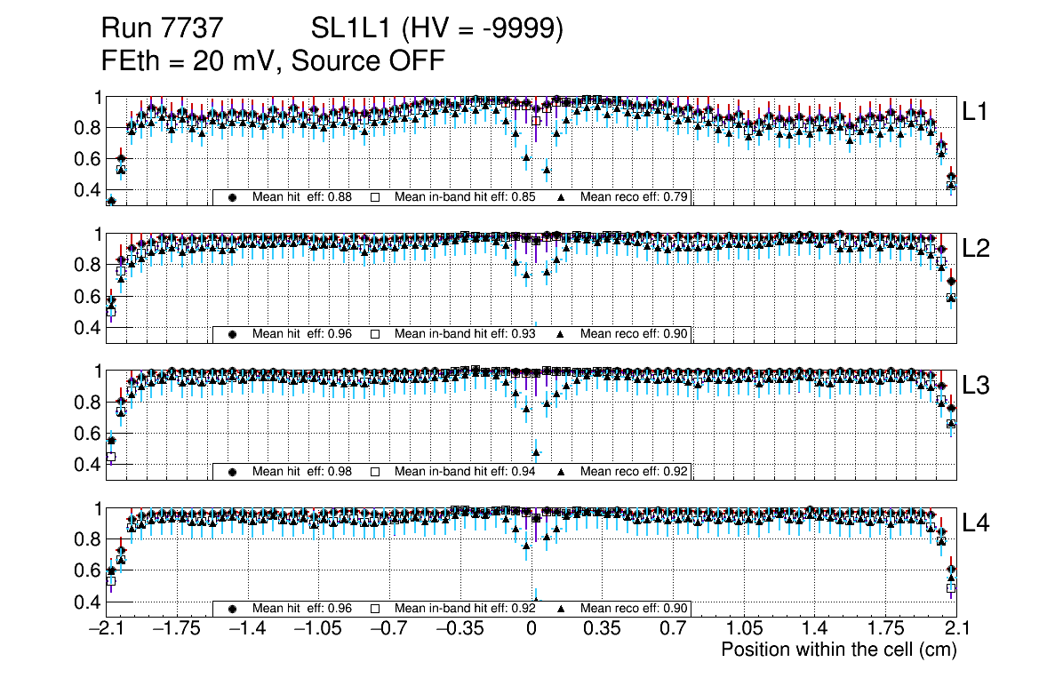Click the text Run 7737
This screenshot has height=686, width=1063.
click(x=161, y=29)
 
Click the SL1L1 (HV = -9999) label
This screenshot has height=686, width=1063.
click(x=437, y=29)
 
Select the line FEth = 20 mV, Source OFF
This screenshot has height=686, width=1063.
click(x=273, y=61)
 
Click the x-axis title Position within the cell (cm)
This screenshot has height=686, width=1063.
click(x=838, y=650)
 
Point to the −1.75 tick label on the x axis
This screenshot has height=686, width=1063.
click(x=176, y=628)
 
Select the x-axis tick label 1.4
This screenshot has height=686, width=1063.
click(x=814, y=628)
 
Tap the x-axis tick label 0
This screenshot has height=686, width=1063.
click(x=531, y=628)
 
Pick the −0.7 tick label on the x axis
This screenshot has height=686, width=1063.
click(x=388, y=628)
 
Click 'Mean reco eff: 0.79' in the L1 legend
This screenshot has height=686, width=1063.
click(x=635, y=196)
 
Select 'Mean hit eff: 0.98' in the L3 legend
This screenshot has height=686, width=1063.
click(x=302, y=471)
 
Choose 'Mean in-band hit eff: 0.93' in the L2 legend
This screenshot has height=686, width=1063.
click(x=465, y=334)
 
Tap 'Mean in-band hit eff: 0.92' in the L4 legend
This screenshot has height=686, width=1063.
click(x=465, y=609)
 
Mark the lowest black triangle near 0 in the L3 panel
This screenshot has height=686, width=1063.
click(x=535, y=452)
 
